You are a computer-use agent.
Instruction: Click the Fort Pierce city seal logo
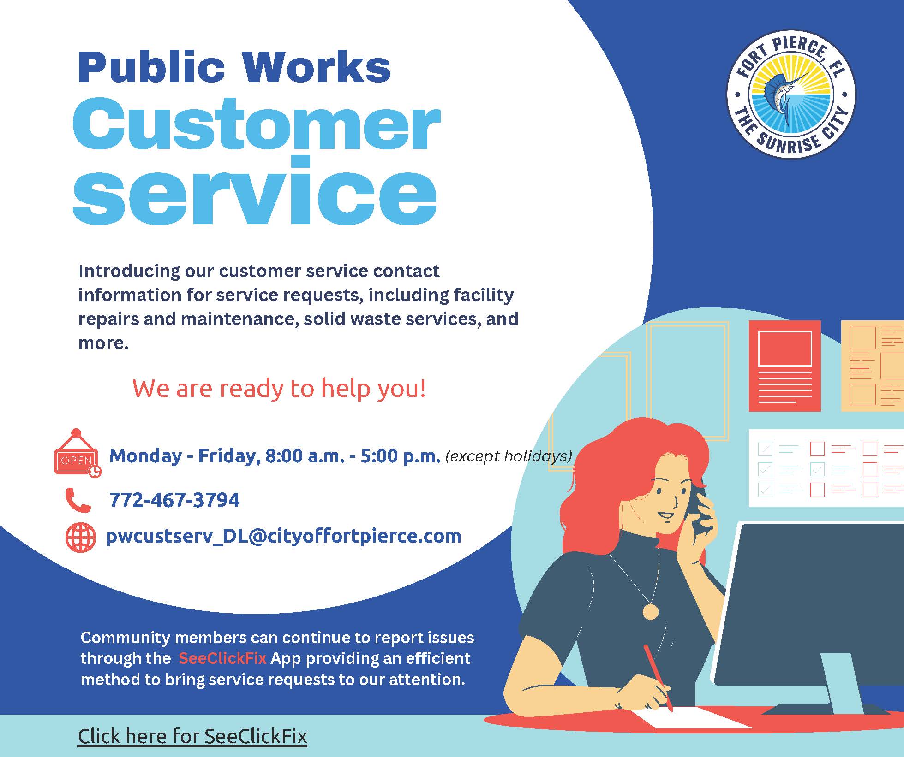click(790, 95)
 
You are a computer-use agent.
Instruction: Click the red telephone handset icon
click(78, 500)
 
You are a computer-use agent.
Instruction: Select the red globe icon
click(80, 538)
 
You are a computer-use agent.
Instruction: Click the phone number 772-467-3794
click(174, 500)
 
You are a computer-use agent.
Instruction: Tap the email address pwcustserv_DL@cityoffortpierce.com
click(283, 536)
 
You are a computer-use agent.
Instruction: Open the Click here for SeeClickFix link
click(192, 736)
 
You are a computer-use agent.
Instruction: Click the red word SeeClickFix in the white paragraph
click(222, 658)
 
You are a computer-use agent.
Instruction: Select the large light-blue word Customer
click(256, 125)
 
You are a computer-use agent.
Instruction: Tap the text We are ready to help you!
click(279, 388)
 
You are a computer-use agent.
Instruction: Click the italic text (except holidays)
click(509, 456)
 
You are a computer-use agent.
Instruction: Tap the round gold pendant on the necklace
click(651, 611)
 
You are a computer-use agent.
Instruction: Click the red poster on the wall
click(784, 366)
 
